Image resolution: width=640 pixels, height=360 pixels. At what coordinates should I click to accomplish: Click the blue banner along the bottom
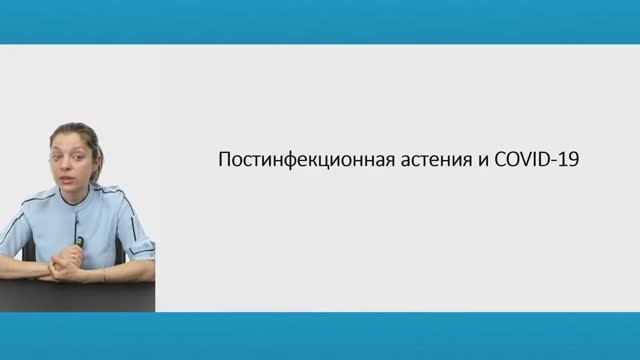point(320,336)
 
